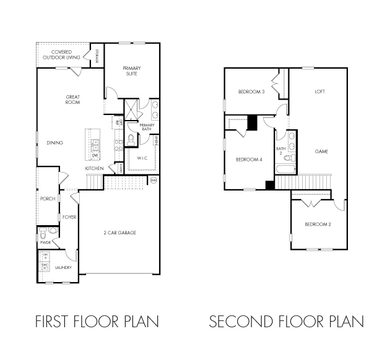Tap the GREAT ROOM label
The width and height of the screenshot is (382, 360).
click(73, 99)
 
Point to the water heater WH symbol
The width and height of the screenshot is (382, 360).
click(154, 180)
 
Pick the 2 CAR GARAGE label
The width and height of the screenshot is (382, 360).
click(119, 233)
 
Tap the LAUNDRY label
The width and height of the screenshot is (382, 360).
click(63, 268)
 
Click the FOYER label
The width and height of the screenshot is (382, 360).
click(69, 217)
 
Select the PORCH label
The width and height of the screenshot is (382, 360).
click(48, 199)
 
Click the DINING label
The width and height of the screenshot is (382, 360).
click(54, 143)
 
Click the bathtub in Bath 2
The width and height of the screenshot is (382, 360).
click(285, 169)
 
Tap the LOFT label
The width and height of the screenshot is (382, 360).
click(319, 92)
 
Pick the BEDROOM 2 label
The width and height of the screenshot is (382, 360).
click(318, 224)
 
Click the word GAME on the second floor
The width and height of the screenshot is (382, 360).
click(321, 152)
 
